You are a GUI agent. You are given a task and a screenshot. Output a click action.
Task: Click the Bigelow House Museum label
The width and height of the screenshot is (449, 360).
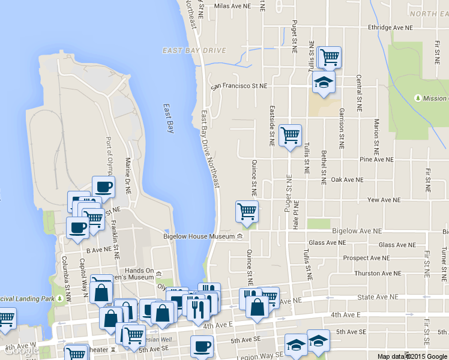[199, 236]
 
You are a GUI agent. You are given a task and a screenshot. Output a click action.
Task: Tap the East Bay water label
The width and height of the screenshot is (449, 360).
[169, 118]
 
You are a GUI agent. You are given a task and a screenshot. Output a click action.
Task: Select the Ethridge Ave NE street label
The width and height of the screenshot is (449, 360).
[391, 28]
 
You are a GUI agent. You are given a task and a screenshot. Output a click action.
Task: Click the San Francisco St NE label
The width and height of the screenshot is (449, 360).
[238, 86]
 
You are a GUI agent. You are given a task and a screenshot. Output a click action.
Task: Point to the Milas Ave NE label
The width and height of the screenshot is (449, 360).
[231, 5]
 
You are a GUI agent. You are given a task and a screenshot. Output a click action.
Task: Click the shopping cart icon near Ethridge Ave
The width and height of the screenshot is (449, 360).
[330, 58]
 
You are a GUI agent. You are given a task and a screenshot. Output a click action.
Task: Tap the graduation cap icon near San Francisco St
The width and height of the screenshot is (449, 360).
[324, 82]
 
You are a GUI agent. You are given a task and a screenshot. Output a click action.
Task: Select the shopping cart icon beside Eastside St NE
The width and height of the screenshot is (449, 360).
[291, 136]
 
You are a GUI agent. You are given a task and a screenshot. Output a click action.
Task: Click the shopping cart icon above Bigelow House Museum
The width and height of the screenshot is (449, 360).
[247, 211]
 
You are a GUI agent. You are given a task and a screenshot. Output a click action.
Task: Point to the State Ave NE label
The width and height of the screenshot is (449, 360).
[378, 296]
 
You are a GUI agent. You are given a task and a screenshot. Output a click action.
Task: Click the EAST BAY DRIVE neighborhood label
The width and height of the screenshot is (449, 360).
[194, 50]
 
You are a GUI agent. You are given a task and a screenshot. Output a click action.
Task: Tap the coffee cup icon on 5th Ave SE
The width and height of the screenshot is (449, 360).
[202, 346]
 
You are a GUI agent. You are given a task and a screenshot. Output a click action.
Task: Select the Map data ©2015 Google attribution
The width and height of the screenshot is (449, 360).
[412, 356]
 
